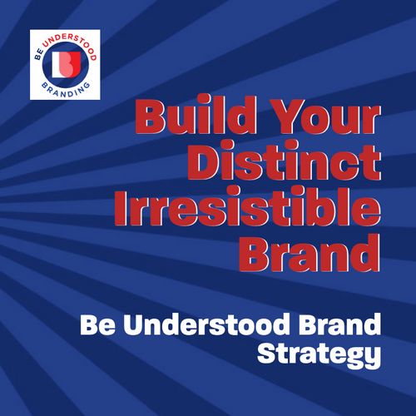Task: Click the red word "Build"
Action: pos(191,114)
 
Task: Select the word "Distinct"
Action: pos(284,161)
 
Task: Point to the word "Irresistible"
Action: pos(247,206)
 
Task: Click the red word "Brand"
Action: pos(310,253)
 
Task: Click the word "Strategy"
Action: pos(319,354)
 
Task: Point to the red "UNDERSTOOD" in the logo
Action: pos(72,44)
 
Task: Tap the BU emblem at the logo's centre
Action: pos(66,64)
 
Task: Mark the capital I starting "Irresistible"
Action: pos(121,207)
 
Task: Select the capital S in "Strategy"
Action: pos(269,352)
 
